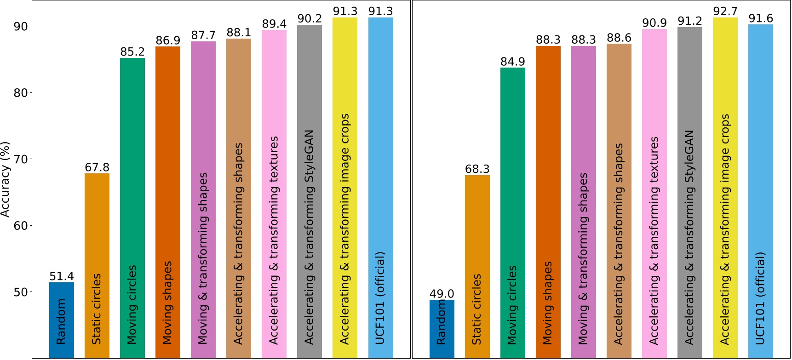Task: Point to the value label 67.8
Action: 97,167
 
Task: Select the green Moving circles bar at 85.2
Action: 132,207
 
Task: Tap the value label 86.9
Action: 168,40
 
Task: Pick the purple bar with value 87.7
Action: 203,198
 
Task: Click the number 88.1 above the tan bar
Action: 239,33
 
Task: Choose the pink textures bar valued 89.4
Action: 274,193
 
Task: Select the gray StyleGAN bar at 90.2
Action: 310,191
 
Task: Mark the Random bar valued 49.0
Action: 442,328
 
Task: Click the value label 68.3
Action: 477,169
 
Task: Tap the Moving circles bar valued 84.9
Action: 513,211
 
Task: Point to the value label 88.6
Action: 619,38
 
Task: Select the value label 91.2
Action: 690,21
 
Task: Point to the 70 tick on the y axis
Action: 21,159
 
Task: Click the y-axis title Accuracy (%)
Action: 6,179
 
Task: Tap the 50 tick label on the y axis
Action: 21,292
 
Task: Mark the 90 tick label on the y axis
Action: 21,26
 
